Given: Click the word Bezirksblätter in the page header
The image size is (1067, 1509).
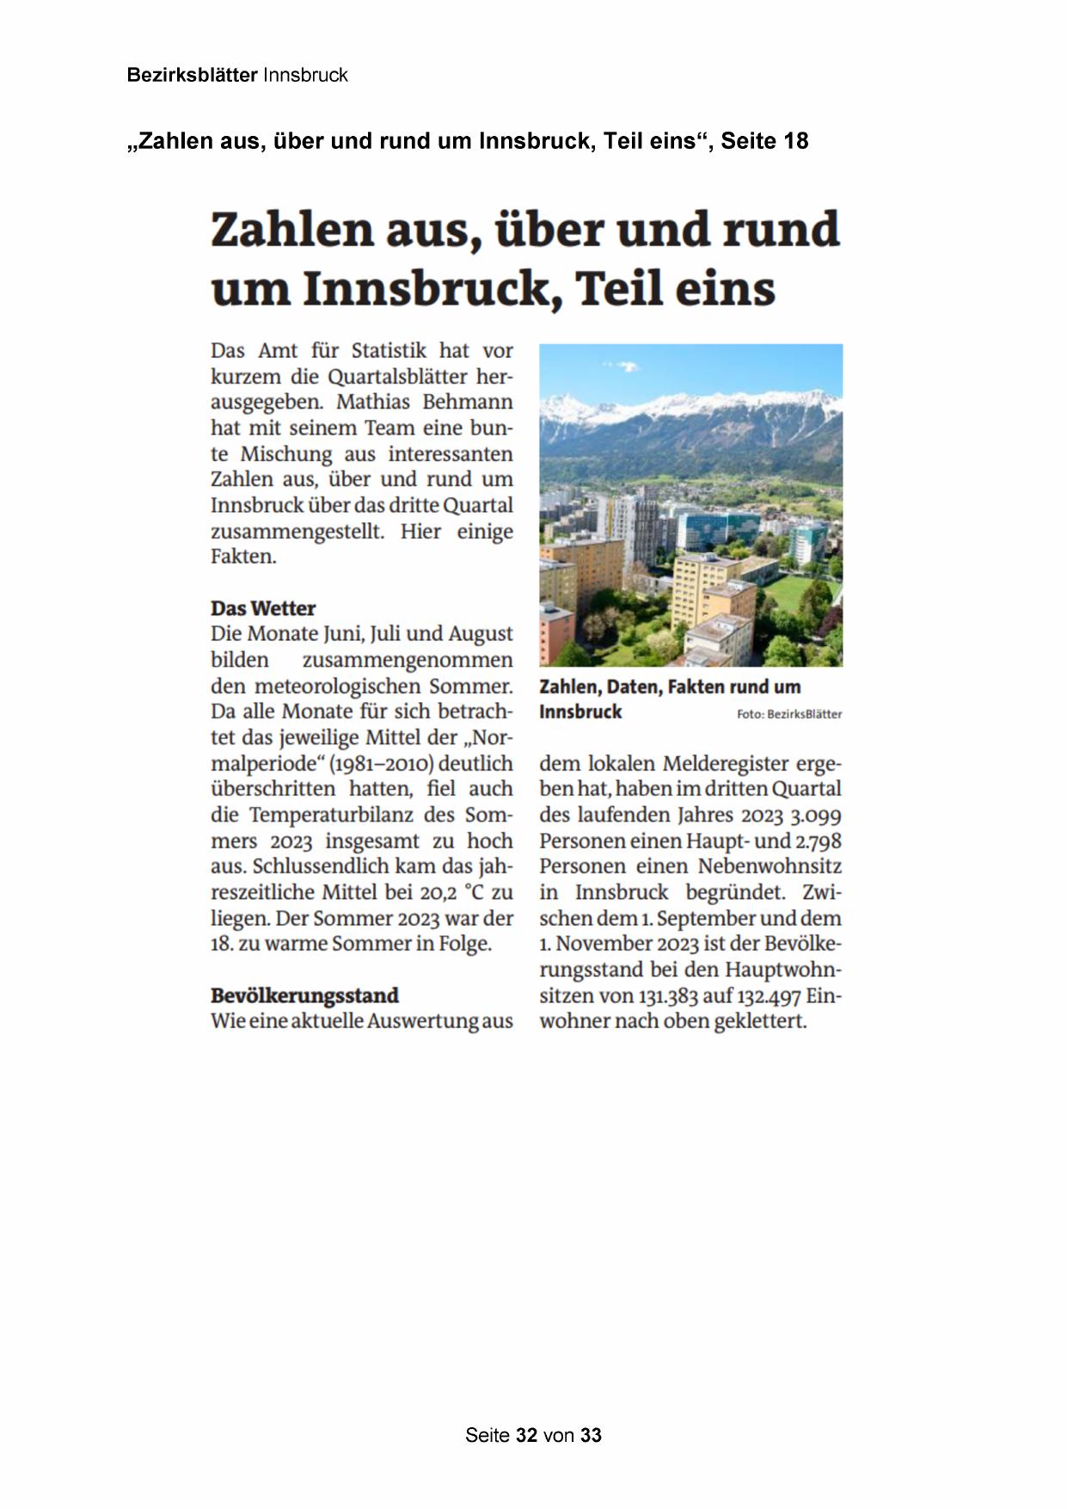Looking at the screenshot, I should click(192, 75).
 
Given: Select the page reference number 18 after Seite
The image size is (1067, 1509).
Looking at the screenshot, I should click(795, 141).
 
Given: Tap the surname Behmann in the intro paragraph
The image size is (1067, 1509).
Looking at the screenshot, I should click(468, 402).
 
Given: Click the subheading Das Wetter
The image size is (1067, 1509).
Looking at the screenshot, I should click(263, 608).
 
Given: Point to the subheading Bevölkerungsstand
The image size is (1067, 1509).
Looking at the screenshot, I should click(304, 995).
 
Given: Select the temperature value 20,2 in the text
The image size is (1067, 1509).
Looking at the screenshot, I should click(438, 892).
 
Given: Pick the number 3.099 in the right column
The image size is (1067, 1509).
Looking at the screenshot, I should click(816, 816).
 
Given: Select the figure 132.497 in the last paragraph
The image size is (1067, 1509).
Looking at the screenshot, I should click(769, 996).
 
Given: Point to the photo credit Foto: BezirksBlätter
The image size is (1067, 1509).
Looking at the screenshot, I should click(789, 714).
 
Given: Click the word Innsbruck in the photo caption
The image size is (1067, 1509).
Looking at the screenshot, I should click(580, 711).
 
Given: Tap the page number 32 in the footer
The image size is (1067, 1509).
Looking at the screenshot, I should click(527, 1435).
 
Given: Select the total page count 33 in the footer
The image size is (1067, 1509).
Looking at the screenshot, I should click(591, 1435).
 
